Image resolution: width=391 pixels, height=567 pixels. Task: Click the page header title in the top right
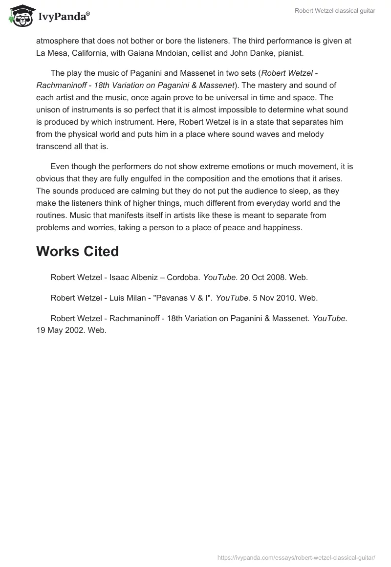click(x=335, y=11)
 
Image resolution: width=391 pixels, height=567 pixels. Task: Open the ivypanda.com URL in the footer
click(x=296, y=557)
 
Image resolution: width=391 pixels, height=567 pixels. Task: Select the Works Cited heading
click(x=77, y=251)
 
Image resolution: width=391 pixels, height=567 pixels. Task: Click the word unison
click(x=48, y=109)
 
